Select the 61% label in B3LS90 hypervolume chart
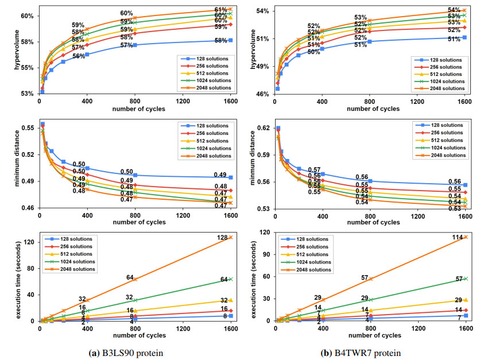pyautogui.click(x=221, y=10)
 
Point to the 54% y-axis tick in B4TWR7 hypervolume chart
pyautogui.click(x=264, y=11)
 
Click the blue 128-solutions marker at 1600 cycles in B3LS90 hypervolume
pyautogui.click(x=230, y=40)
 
